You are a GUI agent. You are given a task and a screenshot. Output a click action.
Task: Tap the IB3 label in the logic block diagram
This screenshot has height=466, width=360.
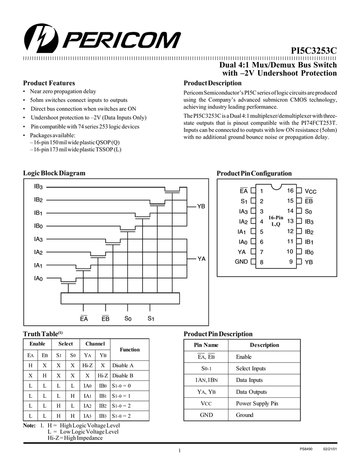pyautogui.click(x=38, y=187)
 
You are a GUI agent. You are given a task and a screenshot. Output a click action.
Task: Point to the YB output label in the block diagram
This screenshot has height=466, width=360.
pyautogui.click(x=201, y=206)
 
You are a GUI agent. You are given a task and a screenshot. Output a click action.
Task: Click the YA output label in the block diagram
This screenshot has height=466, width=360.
pyautogui.click(x=201, y=258)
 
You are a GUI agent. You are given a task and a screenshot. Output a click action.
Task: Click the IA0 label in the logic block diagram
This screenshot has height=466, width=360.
pyautogui.click(x=38, y=278)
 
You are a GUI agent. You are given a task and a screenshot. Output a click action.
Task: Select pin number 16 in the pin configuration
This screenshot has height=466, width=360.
pyautogui.click(x=290, y=191)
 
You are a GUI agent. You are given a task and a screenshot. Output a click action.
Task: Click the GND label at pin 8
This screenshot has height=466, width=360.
pyautogui.click(x=241, y=262)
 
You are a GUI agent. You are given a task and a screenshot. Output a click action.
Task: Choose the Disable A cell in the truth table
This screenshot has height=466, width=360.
pyautogui.click(x=123, y=365)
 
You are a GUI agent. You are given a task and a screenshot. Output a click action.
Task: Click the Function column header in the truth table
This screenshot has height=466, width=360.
pyautogui.click(x=130, y=349)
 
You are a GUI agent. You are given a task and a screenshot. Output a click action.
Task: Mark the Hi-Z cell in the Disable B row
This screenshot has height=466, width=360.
pyautogui.click(x=103, y=375)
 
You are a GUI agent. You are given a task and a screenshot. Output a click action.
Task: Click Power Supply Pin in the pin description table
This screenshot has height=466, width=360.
pyautogui.click(x=257, y=403)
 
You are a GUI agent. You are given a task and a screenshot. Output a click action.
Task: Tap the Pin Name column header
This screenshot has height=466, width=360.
pyautogui.click(x=207, y=345)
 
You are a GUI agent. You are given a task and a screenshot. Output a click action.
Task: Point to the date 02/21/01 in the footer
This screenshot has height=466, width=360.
pyautogui.click(x=330, y=450)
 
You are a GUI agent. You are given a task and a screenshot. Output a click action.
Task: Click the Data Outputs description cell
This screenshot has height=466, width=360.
pyautogui.click(x=251, y=392)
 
